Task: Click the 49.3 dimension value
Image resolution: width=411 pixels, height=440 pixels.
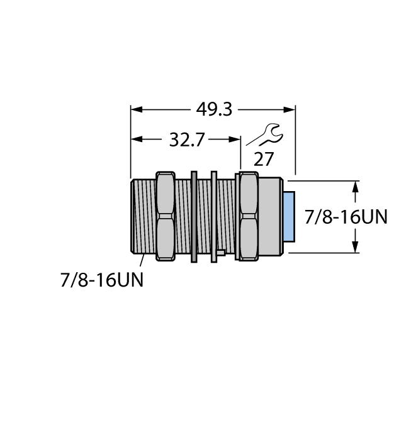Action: tap(214, 109)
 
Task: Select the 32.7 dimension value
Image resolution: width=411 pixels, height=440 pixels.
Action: tap(187, 140)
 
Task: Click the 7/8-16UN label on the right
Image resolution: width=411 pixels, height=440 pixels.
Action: tap(346, 217)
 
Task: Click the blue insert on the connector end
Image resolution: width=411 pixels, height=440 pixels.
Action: tap(288, 216)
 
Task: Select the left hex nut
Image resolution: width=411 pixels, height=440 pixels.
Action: tap(165, 216)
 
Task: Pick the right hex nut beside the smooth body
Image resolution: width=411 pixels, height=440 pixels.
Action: tap(247, 216)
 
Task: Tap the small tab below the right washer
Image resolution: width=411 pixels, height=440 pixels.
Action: tap(220, 253)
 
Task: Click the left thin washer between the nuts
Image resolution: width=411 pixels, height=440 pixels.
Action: tap(194, 216)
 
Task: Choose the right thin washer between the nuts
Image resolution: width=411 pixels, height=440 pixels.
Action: tap(214, 216)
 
